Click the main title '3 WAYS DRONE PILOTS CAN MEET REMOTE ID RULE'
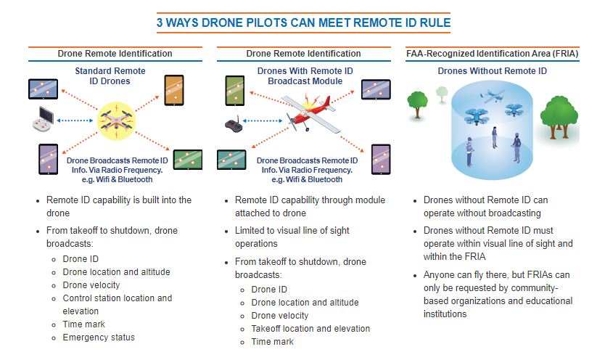coord(303,22)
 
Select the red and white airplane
coord(311,120)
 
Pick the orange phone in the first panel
coord(175,89)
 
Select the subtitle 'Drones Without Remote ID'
coord(492,71)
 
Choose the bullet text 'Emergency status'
coord(99,337)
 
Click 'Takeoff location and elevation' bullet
coord(310,329)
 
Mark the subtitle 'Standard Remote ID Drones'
coord(110,76)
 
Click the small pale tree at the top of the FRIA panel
coord(442,94)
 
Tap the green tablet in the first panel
coord(187,159)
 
